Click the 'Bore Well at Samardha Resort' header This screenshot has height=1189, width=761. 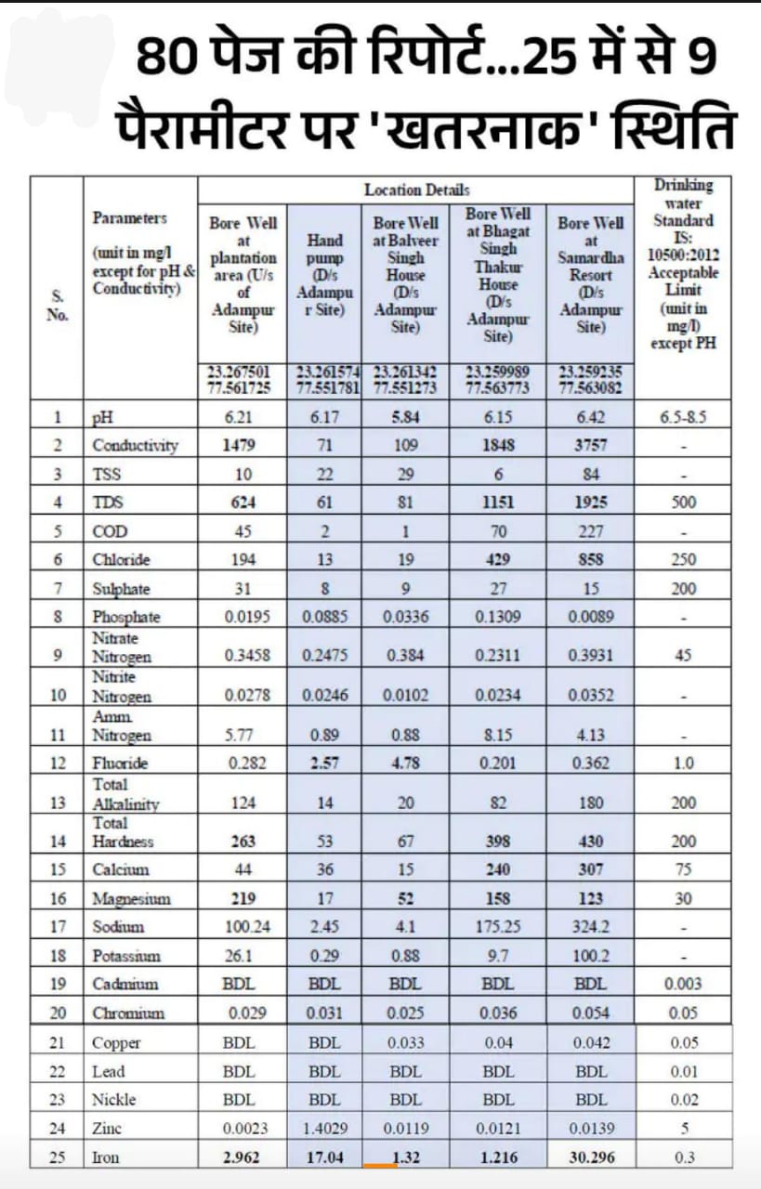tap(590, 275)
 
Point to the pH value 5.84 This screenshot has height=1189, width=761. tap(406, 417)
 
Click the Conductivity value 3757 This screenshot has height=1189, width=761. tap(591, 445)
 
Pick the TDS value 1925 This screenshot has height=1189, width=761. tap(591, 503)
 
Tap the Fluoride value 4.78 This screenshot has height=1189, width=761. tap(406, 764)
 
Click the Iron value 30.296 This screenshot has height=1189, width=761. tap(591, 1157)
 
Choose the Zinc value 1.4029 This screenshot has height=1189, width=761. tap(324, 1129)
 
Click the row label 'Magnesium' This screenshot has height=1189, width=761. tap(131, 898)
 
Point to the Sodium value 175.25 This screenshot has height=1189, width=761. tap(498, 926)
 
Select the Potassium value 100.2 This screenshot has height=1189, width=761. tap(591, 955)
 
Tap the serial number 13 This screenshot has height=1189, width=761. tap(58, 804)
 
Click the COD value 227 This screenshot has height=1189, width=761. tap(591, 531)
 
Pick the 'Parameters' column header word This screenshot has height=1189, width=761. tap(130, 218)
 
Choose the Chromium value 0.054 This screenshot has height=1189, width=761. tap(591, 1013)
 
